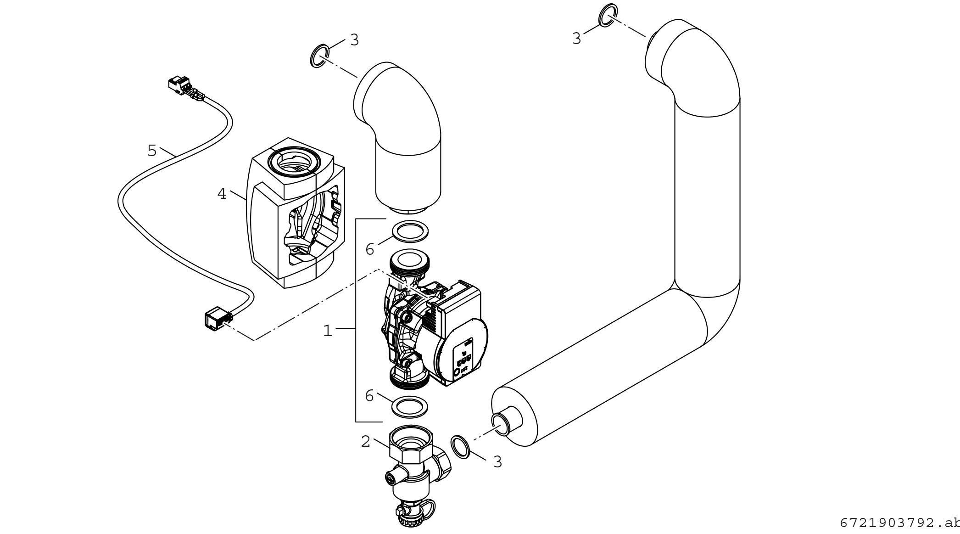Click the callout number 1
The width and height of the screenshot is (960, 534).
(x=327, y=331)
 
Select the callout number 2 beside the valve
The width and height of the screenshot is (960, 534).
(x=365, y=442)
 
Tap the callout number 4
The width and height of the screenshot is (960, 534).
(x=222, y=194)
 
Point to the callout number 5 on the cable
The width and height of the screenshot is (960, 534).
(x=152, y=150)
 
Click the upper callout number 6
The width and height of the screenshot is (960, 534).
(x=370, y=249)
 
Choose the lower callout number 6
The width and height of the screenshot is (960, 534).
(x=369, y=396)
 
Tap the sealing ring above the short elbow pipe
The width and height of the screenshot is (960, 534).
(x=319, y=56)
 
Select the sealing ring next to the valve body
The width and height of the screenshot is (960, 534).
(x=460, y=446)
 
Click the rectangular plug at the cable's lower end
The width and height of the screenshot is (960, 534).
(x=213, y=319)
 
